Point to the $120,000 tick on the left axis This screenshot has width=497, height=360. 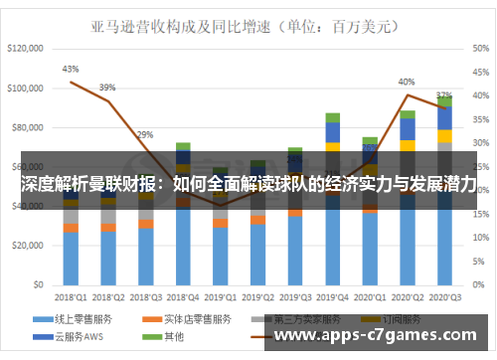[x=27, y=48]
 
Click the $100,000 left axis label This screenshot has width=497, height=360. [x=27, y=88]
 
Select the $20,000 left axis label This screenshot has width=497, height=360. [x=30, y=246]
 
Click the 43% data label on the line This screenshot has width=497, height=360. [x=71, y=70]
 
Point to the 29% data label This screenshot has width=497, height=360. [x=145, y=134]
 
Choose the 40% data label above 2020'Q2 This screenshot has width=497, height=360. [x=407, y=82]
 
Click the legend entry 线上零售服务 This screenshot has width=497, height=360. [x=80, y=319]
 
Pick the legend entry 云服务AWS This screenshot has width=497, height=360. [x=79, y=337]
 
